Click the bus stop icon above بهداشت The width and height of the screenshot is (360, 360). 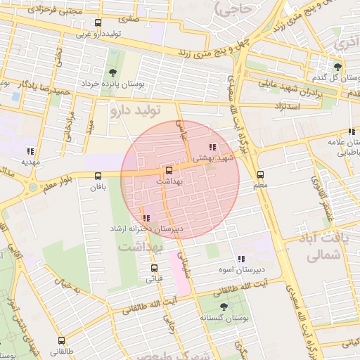[168, 170]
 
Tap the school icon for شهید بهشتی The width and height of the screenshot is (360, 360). [212, 147]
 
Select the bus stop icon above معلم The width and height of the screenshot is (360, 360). [260, 174]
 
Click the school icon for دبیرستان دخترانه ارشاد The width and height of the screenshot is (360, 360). [146, 218]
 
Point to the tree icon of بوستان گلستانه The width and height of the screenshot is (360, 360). [224, 306]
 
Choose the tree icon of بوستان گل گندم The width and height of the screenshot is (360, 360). [337, 66]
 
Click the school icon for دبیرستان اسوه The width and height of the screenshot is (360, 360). [241, 258]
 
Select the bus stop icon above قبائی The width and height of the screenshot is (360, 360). [154, 268]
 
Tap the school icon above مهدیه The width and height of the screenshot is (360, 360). [30, 150]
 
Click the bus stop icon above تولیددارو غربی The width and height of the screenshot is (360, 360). [97, 22]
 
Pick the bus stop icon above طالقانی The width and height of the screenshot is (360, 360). [56, 339]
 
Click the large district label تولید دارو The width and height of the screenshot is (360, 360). [136, 110]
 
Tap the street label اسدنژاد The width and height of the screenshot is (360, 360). [290, 105]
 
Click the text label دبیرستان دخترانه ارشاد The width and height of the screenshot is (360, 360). [147, 229]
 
